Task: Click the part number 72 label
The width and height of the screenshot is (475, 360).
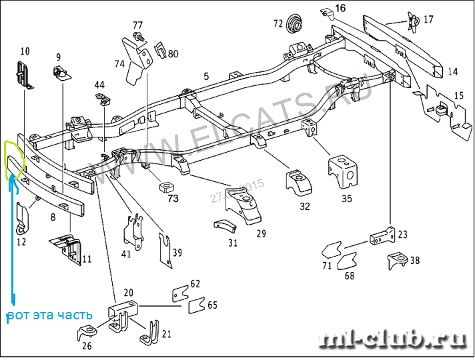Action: click(x=278, y=25)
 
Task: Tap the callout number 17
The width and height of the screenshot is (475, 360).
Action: click(x=428, y=19)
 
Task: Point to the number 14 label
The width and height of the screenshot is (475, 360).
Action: click(x=453, y=71)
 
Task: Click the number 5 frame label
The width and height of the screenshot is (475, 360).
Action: click(x=207, y=77)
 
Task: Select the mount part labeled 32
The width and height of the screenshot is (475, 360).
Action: click(x=298, y=183)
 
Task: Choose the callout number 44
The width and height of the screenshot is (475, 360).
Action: click(x=99, y=85)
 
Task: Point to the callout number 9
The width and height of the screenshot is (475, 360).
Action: click(x=58, y=57)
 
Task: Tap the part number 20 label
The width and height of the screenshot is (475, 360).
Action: click(x=128, y=292)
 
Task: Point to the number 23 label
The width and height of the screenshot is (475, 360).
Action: click(x=402, y=234)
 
